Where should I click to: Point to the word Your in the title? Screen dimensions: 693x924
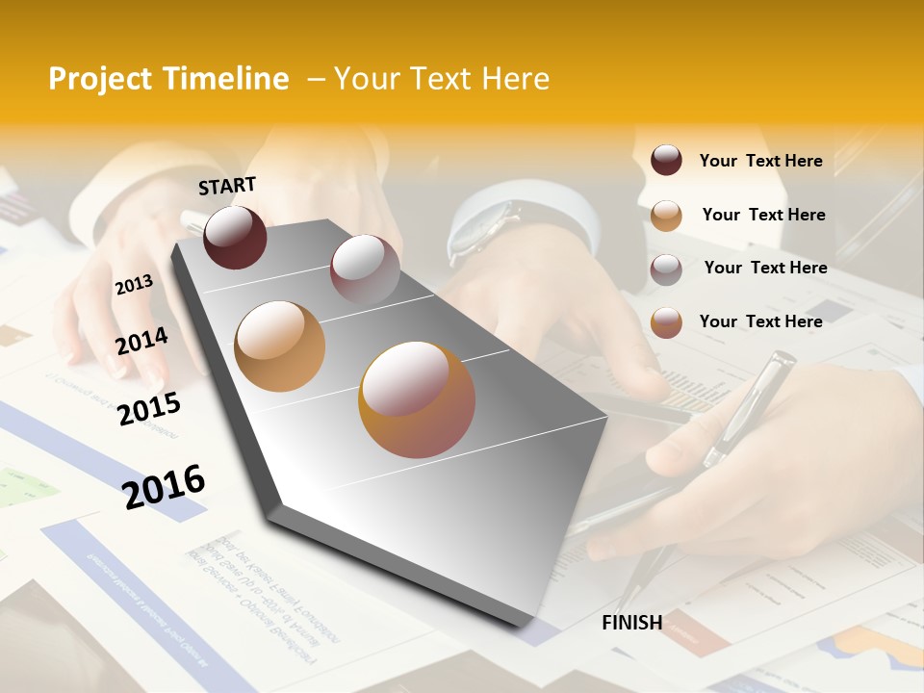tap(366, 79)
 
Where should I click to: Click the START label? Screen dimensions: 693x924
tap(227, 186)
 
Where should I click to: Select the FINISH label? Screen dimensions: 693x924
tap(631, 623)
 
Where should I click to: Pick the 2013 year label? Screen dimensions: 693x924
tap(134, 285)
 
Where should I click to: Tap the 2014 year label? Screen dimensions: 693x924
tap(141, 341)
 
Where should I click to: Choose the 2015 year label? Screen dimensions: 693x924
tap(149, 408)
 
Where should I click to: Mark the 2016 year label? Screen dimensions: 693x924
tap(164, 486)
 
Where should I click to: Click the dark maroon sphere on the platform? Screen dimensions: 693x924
tap(235, 238)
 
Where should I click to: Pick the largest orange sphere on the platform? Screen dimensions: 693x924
tap(416, 399)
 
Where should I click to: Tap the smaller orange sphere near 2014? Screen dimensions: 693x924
tap(279, 346)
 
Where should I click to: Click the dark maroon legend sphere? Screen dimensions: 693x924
tap(666, 161)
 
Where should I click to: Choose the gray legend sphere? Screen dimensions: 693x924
tap(666, 269)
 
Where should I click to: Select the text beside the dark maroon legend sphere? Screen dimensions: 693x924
tap(760, 161)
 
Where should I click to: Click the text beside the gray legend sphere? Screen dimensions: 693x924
tap(765, 268)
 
